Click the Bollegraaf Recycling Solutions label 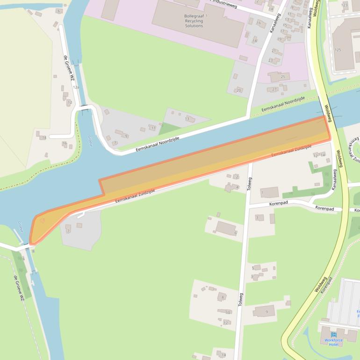[194, 21]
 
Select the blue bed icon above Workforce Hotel [333, 334]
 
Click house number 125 [338, 50]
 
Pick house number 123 [345, 5]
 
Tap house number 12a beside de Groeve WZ [76, 87]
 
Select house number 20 [238, 90]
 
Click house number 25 [282, 76]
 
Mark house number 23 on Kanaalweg [271, 60]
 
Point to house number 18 [255, 41]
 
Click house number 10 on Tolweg [228, 312]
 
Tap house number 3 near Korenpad [257, 217]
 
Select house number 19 [280, 39]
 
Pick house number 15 [282, 26]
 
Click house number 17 [282, 31]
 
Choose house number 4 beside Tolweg [238, 187]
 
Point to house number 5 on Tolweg [253, 268]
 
